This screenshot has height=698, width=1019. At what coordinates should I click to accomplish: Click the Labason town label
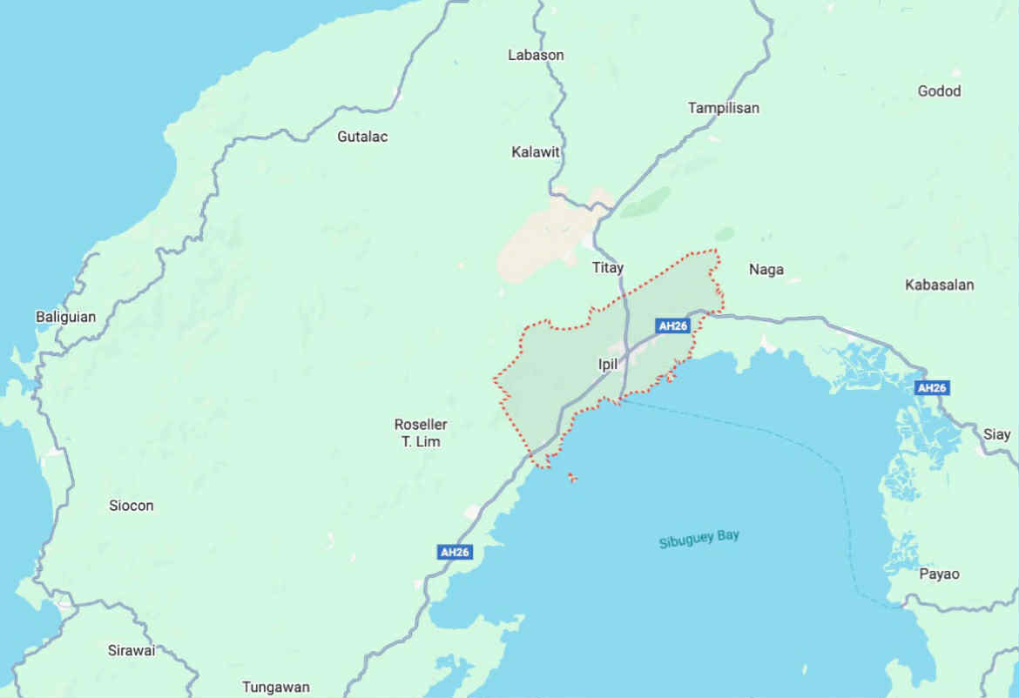536,55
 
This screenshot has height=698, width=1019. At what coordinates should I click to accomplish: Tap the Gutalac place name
362,137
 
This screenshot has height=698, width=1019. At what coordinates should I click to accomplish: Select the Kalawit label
536,152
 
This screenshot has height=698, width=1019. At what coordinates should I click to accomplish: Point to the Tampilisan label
723,108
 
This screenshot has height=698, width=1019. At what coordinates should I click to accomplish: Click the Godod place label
939,91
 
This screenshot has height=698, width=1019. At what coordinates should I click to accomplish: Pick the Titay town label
608,267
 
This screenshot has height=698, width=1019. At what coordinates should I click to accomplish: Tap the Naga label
766,270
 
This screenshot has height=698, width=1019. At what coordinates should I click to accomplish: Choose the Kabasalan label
939,285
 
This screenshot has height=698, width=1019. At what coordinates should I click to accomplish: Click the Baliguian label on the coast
65,317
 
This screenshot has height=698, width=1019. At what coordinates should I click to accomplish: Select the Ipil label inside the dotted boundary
608,365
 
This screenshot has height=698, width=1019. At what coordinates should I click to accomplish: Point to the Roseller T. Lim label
421,433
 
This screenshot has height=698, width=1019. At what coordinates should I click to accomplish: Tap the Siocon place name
132,506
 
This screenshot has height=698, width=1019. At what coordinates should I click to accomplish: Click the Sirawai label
132,650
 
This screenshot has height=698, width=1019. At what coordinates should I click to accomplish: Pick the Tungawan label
275,687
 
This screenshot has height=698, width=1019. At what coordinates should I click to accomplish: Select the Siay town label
997,434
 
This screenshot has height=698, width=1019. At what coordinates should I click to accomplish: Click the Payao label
939,574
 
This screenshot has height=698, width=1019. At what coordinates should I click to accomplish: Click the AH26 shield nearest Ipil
673,326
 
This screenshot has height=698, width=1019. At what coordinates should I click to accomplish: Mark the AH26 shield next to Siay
931,387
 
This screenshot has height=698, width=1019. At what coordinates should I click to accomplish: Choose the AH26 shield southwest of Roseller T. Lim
455,552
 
